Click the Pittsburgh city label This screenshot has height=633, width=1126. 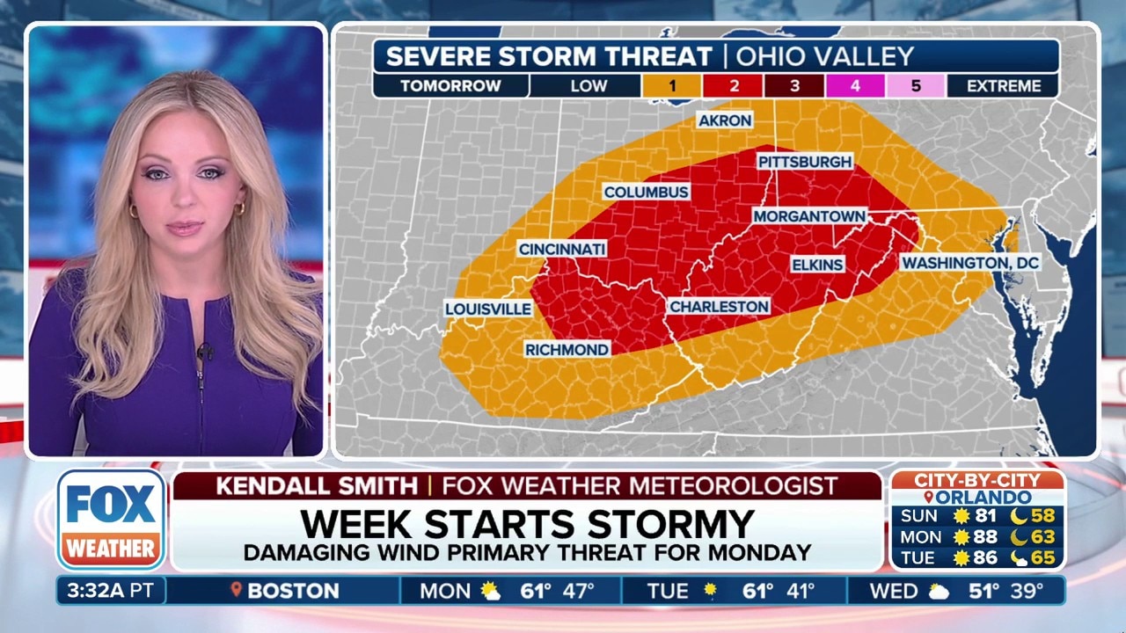tap(805, 162)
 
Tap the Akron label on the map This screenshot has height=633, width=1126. tap(725, 120)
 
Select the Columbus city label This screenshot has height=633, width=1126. tap(646, 192)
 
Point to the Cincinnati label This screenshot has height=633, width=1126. tap(562, 249)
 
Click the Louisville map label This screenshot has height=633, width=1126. tap(488, 309)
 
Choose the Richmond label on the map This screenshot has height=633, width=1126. tap(567, 349)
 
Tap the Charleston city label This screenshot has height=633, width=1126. tap(719, 306)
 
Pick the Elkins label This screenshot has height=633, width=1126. tap(817, 265)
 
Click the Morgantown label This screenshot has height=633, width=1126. tap(808, 216)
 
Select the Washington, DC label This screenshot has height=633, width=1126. tap(970, 263)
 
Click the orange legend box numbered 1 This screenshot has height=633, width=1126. tap(671, 86)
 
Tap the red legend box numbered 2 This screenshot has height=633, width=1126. tap(733, 86)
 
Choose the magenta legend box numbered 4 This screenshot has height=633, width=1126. tap(854, 86)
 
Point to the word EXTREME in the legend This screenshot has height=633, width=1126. tap(1004, 86)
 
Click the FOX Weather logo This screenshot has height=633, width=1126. tap(112, 520)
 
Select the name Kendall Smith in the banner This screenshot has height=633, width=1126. tap(317, 485)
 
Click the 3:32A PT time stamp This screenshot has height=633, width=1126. tap(108, 591)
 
